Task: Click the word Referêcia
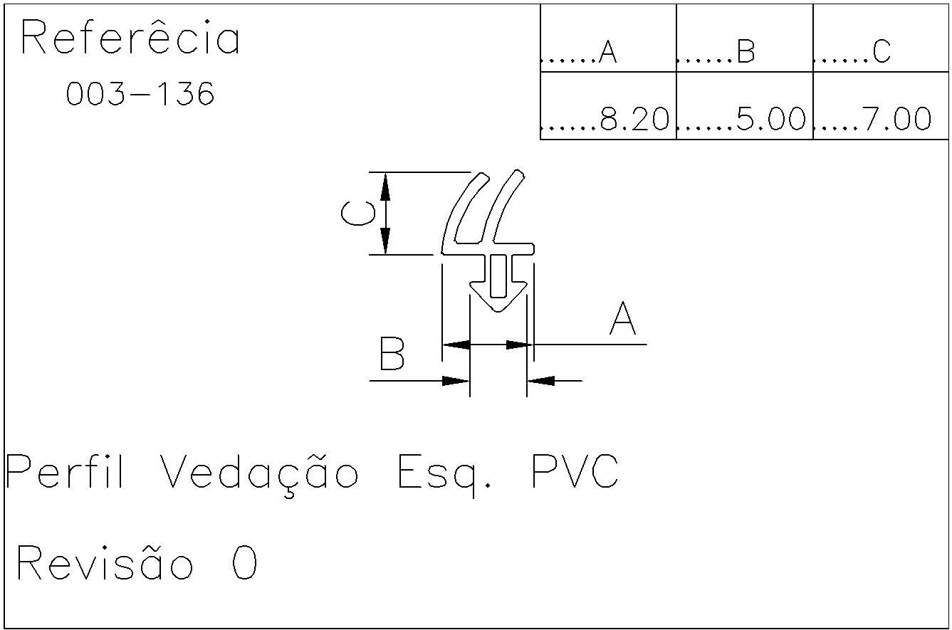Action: point(130,38)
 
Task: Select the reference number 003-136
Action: point(140,94)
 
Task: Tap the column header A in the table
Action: point(607,51)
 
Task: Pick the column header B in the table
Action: point(745,51)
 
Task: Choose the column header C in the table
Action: point(881,51)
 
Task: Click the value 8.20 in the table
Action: point(634,119)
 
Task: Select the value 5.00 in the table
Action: point(771,119)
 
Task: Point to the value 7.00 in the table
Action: point(896,119)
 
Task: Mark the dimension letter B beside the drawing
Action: point(392,354)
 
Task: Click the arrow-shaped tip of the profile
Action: point(498,303)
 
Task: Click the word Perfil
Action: point(66,472)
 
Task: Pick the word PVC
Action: point(575,471)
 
